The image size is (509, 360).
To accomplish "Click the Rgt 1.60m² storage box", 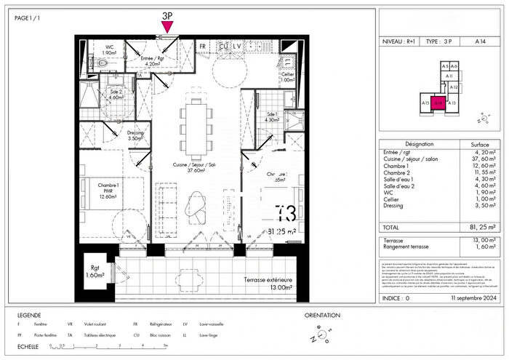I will click(x=95, y=271).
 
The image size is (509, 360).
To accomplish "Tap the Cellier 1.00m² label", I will click(x=289, y=76).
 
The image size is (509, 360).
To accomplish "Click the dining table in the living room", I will click(x=195, y=130).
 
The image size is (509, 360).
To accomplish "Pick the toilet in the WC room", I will click(x=103, y=64).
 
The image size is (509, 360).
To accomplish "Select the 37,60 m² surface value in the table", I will click(x=484, y=158).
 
